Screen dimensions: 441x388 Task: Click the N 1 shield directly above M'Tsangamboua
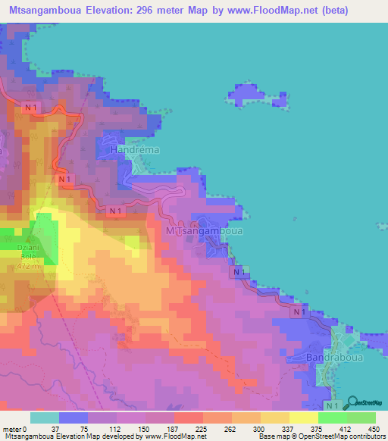click(x=116, y=210)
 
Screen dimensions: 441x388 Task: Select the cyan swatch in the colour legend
click(x=45, y=418)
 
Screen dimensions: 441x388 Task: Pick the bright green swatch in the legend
click(x=333, y=418)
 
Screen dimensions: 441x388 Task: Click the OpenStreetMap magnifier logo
click(x=355, y=402)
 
